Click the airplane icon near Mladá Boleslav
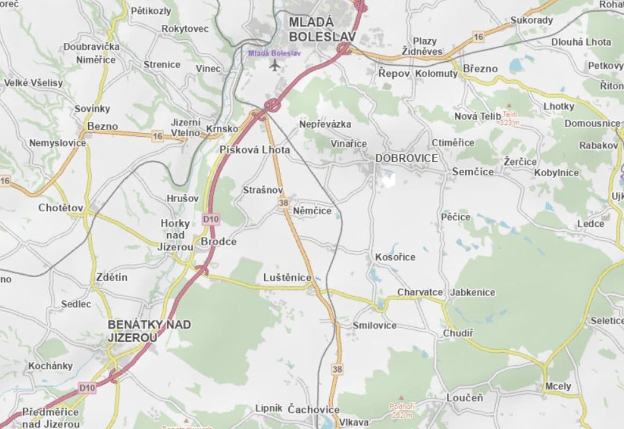click(x=275, y=65)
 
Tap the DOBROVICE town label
click(x=407, y=159)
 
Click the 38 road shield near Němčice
click(x=284, y=203)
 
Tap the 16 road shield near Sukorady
click(x=478, y=36)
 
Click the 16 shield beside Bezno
click(x=157, y=137)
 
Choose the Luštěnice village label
click(x=287, y=278)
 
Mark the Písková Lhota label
click(x=255, y=150)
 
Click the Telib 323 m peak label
click(x=510, y=119)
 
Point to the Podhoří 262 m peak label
click(x=402, y=410)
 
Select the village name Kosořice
click(x=395, y=257)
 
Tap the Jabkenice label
click(x=473, y=293)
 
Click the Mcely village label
click(x=558, y=387)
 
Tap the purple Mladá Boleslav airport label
click(x=274, y=53)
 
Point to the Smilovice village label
click(x=374, y=326)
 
